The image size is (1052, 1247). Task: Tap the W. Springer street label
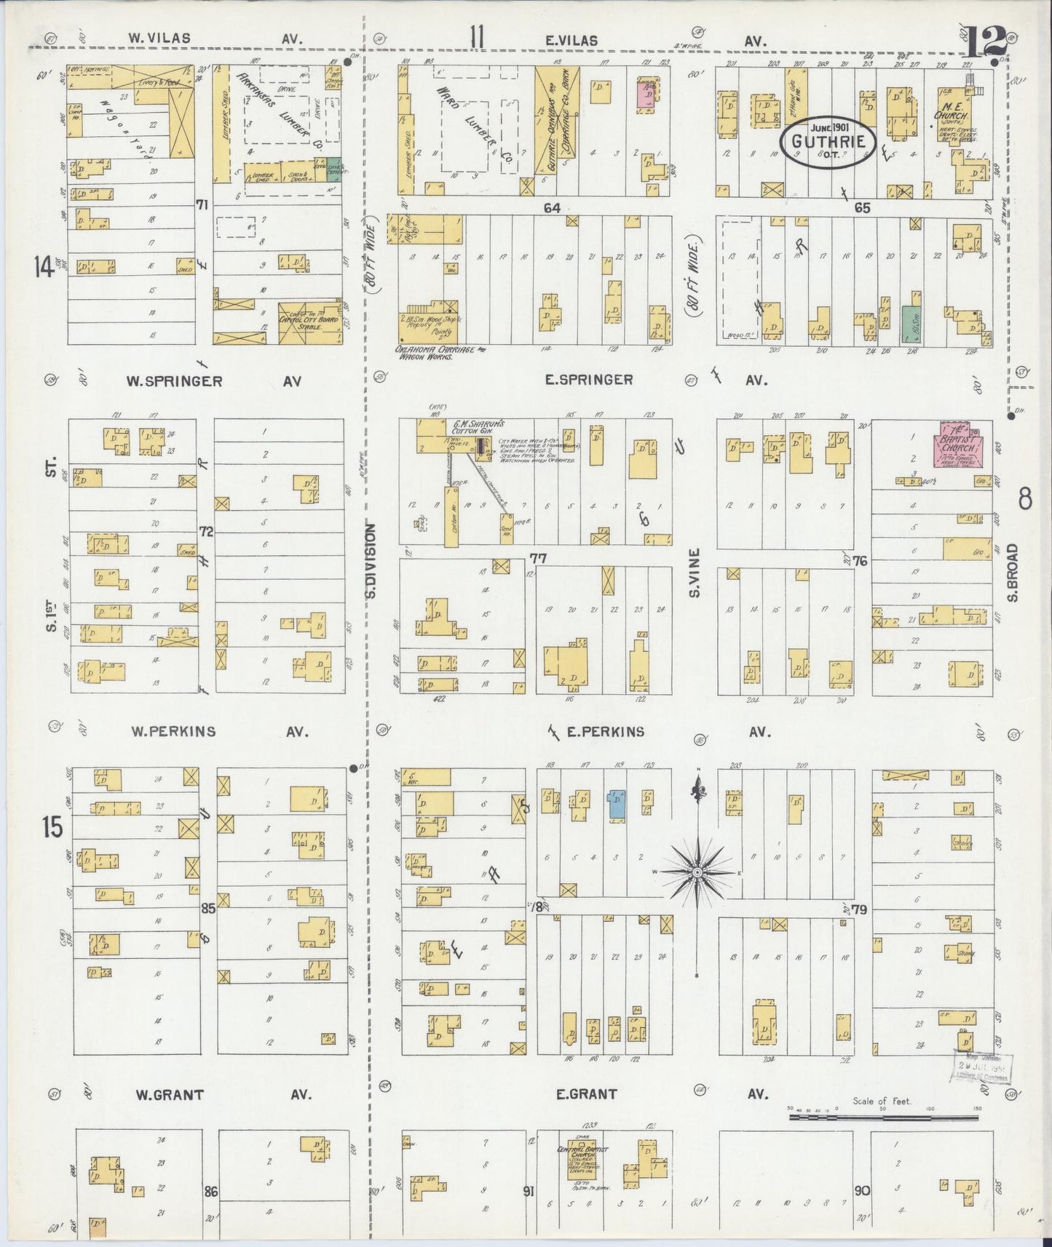[x=174, y=381]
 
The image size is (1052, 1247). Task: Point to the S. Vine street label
[x=695, y=573]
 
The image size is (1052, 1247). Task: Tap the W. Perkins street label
[x=173, y=731]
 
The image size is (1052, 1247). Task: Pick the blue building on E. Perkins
[x=617, y=806]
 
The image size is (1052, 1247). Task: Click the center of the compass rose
[x=697, y=872]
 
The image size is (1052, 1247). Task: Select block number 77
[x=538, y=558]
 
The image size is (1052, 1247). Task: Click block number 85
[x=208, y=908]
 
